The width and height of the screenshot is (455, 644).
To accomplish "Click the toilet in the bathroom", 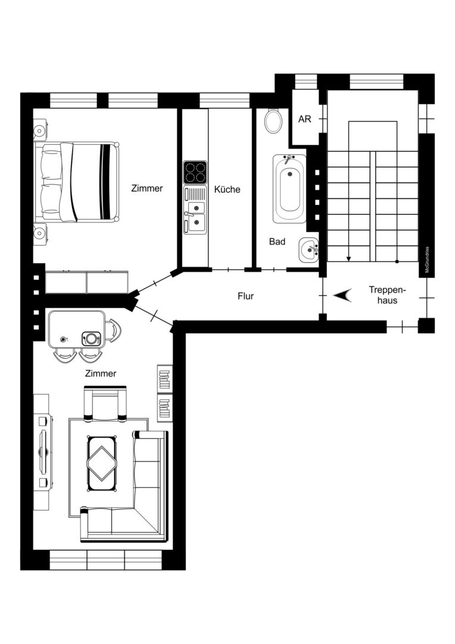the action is point(273,120).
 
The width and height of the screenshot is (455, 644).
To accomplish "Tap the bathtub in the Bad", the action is point(289,188).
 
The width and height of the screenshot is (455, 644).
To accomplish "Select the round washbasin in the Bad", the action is point(308,250).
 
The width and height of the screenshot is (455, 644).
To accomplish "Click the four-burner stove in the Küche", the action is point(195,172).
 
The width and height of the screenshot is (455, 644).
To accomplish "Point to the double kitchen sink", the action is point(195,210).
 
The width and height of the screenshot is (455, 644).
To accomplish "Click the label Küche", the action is point(227,190).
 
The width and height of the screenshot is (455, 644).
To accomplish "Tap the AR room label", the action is point(305,119).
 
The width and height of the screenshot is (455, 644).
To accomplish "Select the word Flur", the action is point(246,296).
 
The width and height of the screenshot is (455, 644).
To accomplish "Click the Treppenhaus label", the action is point(387,295).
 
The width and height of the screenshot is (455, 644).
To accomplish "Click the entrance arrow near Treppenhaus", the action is point(342,295).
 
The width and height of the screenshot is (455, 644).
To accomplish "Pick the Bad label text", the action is point(277,241).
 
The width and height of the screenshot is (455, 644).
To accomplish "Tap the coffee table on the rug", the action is point(102,463).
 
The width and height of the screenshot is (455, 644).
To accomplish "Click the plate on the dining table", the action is point(91,339).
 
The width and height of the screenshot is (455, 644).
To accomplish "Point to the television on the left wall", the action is point(44,452).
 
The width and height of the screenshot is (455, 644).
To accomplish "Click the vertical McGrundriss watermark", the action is point(427,259).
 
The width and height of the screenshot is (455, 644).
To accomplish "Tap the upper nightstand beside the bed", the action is point(40,130).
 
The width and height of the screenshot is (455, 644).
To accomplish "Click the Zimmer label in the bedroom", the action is point(147,188).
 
